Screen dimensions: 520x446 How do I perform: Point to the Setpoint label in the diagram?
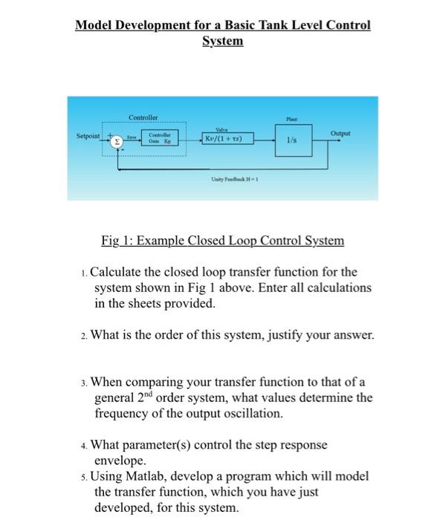pyautogui.click(x=89, y=137)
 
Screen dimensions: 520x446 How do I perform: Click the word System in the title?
pyautogui.click(x=222, y=41)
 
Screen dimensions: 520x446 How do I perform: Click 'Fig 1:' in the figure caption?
pyautogui.click(x=117, y=241)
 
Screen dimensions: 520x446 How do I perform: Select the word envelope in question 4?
pyautogui.click(x=120, y=461)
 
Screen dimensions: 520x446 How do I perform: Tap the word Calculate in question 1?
pyautogui.click(x=121, y=272)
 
